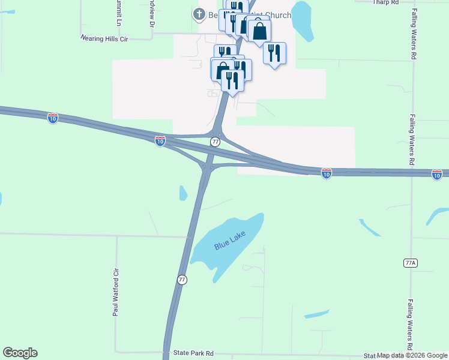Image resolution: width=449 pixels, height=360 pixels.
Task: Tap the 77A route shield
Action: click(x=410, y=263)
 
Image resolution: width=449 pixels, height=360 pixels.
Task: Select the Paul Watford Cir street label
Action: click(x=116, y=292)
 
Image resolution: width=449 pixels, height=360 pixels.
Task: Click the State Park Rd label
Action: click(x=193, y=354)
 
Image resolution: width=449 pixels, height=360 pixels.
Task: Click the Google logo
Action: click(x=20, y=353)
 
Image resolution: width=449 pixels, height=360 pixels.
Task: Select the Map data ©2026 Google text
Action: click(x=412, y=356)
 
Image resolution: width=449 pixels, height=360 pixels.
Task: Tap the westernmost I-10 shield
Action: click(x=53, y=118)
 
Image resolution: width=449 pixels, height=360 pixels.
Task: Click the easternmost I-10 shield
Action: click(x=437, y=174)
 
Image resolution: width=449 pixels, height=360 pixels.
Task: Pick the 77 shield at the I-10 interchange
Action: click(x=215, y=142)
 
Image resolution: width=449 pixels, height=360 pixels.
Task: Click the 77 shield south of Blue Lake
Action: click(x=182, y=280)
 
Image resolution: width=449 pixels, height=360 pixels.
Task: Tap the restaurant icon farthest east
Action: click(x=274, y=53)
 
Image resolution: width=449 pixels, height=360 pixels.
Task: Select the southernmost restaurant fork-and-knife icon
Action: click(x=232, y=80)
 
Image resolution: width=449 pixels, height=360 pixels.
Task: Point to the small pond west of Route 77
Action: click(x=183, y=193)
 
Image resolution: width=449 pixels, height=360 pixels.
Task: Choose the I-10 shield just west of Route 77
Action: click(x=160, y=140)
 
